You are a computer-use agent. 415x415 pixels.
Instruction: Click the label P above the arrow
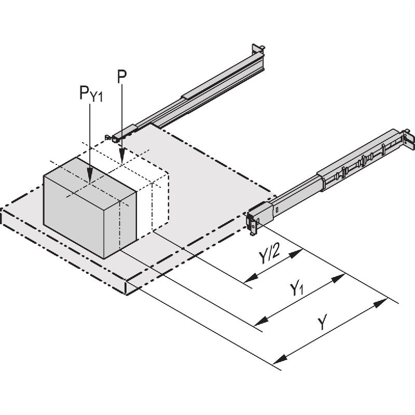pos(121,76)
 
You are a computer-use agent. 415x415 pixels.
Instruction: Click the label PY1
pos(91,93)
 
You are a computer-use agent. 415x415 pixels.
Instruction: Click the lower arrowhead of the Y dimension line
pos(280,358)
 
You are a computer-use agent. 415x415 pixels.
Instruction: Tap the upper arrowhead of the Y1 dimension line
pos(339,276)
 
